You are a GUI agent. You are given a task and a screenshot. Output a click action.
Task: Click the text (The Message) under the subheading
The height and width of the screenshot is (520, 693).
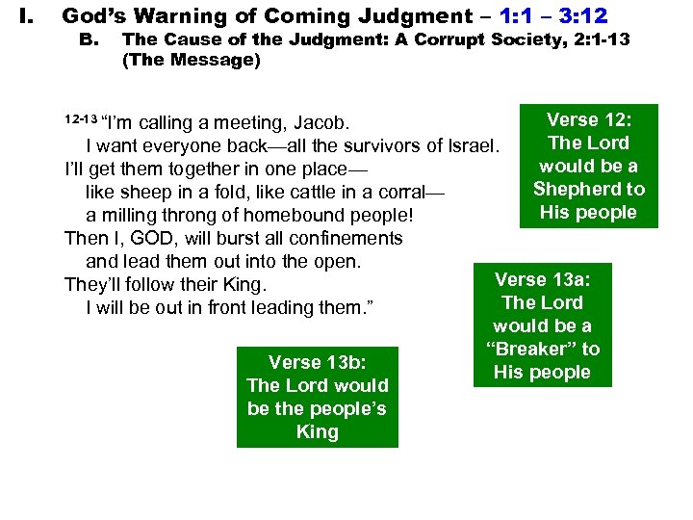(x=192, y=60)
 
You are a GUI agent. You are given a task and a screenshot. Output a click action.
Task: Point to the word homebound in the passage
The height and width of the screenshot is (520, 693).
(x=278, y=216)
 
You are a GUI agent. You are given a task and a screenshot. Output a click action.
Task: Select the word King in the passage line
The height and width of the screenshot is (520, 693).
(x=242, y=285)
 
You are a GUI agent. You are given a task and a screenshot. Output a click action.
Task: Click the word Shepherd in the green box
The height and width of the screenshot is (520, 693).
(x=589, y=189)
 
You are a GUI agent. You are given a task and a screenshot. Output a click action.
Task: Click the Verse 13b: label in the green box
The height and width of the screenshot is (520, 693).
(x=317, y=362)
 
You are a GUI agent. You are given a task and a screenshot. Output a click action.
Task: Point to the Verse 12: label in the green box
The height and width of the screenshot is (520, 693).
(x=588, y=119)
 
